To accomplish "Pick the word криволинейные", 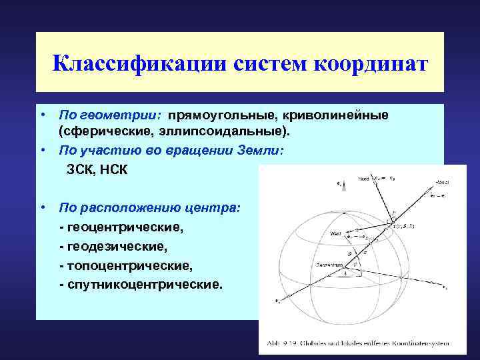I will coord(331,115).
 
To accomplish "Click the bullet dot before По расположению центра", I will coord(42,208).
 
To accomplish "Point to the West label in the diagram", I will coord(335,233).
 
